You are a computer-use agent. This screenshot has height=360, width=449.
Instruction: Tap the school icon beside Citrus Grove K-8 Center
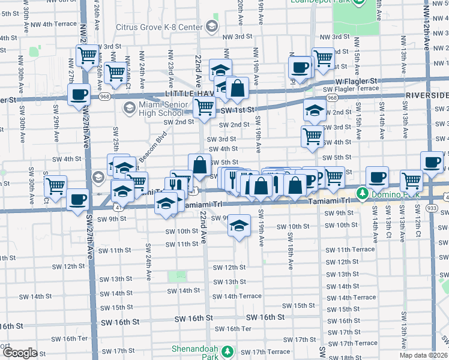pos(211,26)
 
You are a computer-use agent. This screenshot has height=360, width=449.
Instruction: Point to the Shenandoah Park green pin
pos(227,351)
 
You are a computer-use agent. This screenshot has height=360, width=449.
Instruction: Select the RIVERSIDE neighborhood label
pos(427,95)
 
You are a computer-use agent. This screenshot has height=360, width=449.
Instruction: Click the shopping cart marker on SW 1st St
pos(204,107)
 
